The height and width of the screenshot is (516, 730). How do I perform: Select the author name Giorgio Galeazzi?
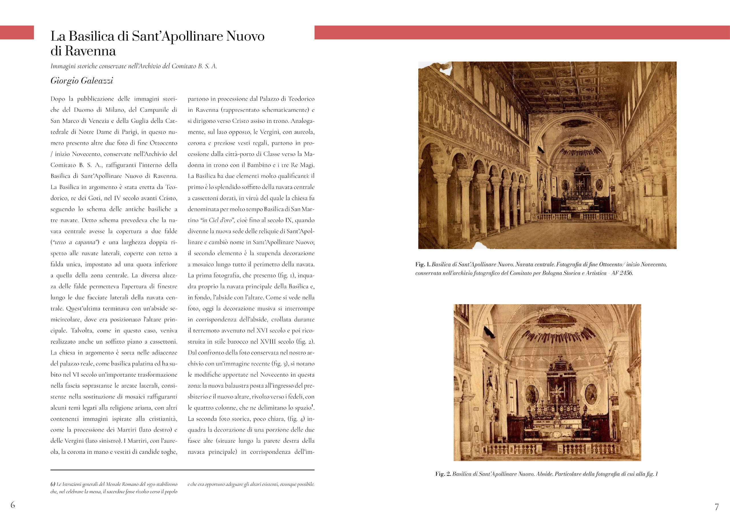tap(82, 81)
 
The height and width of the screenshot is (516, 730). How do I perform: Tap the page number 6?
tap(13, 505)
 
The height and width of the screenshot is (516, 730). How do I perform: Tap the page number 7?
tap(717, 507)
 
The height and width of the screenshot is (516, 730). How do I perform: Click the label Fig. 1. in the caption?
tap(423, 265)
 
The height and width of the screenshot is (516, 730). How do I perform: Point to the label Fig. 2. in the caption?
tap(443, 474)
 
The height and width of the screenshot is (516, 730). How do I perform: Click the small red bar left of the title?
tap(17, 33)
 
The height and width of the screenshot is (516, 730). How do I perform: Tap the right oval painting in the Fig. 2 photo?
tap(591, 394)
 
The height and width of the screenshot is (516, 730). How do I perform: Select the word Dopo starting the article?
tap(57, 99)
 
